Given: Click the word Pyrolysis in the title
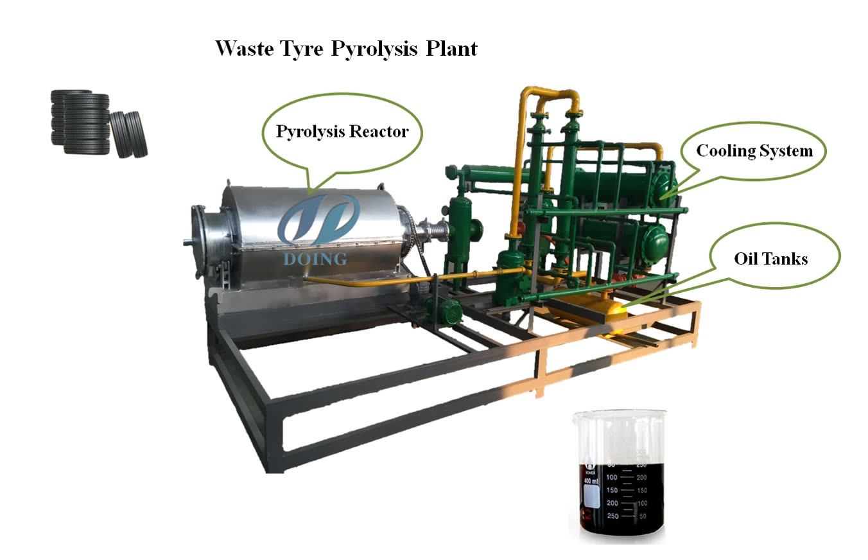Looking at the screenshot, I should point(374,49).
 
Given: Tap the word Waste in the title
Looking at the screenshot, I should point(241,48).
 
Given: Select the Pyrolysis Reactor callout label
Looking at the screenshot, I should point(342,132).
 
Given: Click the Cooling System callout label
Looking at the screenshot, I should point(754,151).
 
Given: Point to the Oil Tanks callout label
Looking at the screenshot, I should point(770,259).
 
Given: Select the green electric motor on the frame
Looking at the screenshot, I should point(445,311).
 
